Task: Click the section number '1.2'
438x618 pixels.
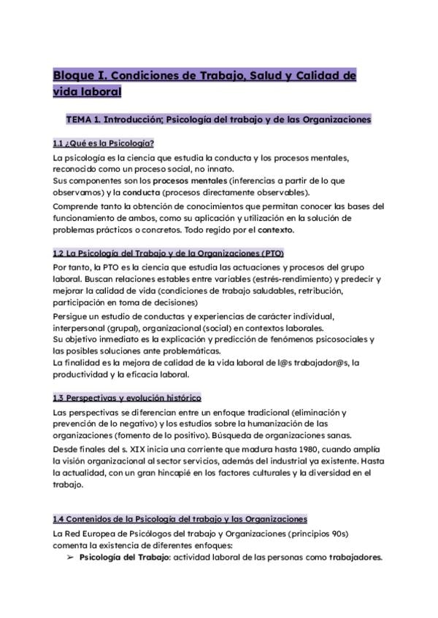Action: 59,254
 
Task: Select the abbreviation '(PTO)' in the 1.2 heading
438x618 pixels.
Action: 269,254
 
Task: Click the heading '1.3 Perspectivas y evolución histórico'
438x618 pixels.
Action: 127,398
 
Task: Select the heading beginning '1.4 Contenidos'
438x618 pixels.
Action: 180,519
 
